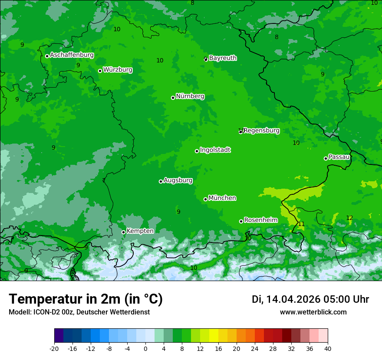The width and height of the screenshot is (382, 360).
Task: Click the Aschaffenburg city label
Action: coord(72,55)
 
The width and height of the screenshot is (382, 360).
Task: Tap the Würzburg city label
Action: coord(118,70)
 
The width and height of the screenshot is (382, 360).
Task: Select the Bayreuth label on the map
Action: coord(223,58)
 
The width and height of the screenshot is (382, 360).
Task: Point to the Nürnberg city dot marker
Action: coord(173,98)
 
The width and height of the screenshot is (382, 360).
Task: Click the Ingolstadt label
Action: coord(215,150)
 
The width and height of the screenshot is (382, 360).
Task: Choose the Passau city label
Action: coord(339,157)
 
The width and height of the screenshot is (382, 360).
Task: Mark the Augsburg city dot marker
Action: coord(161,181)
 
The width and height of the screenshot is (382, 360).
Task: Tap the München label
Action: coord(222,198)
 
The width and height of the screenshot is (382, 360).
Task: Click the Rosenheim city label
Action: coord(260,220)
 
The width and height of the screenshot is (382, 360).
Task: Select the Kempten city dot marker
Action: coord(123,232)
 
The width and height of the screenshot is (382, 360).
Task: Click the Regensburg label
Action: coord(261,131)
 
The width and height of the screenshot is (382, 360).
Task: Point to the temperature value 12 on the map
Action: coord(349,218)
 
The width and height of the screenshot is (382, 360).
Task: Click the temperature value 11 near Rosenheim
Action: coord(301,224)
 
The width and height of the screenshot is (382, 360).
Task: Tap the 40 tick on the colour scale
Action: coord(328,349)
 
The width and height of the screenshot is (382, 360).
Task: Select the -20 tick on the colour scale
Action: coord(54,349)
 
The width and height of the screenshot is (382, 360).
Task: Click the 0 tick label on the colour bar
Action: coord(145,349)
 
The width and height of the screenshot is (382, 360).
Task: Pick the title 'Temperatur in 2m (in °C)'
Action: coord(86,299)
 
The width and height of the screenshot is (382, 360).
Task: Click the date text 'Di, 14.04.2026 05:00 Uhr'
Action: coord(310,299)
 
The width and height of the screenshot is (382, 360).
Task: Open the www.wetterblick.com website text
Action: coord(313,312)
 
